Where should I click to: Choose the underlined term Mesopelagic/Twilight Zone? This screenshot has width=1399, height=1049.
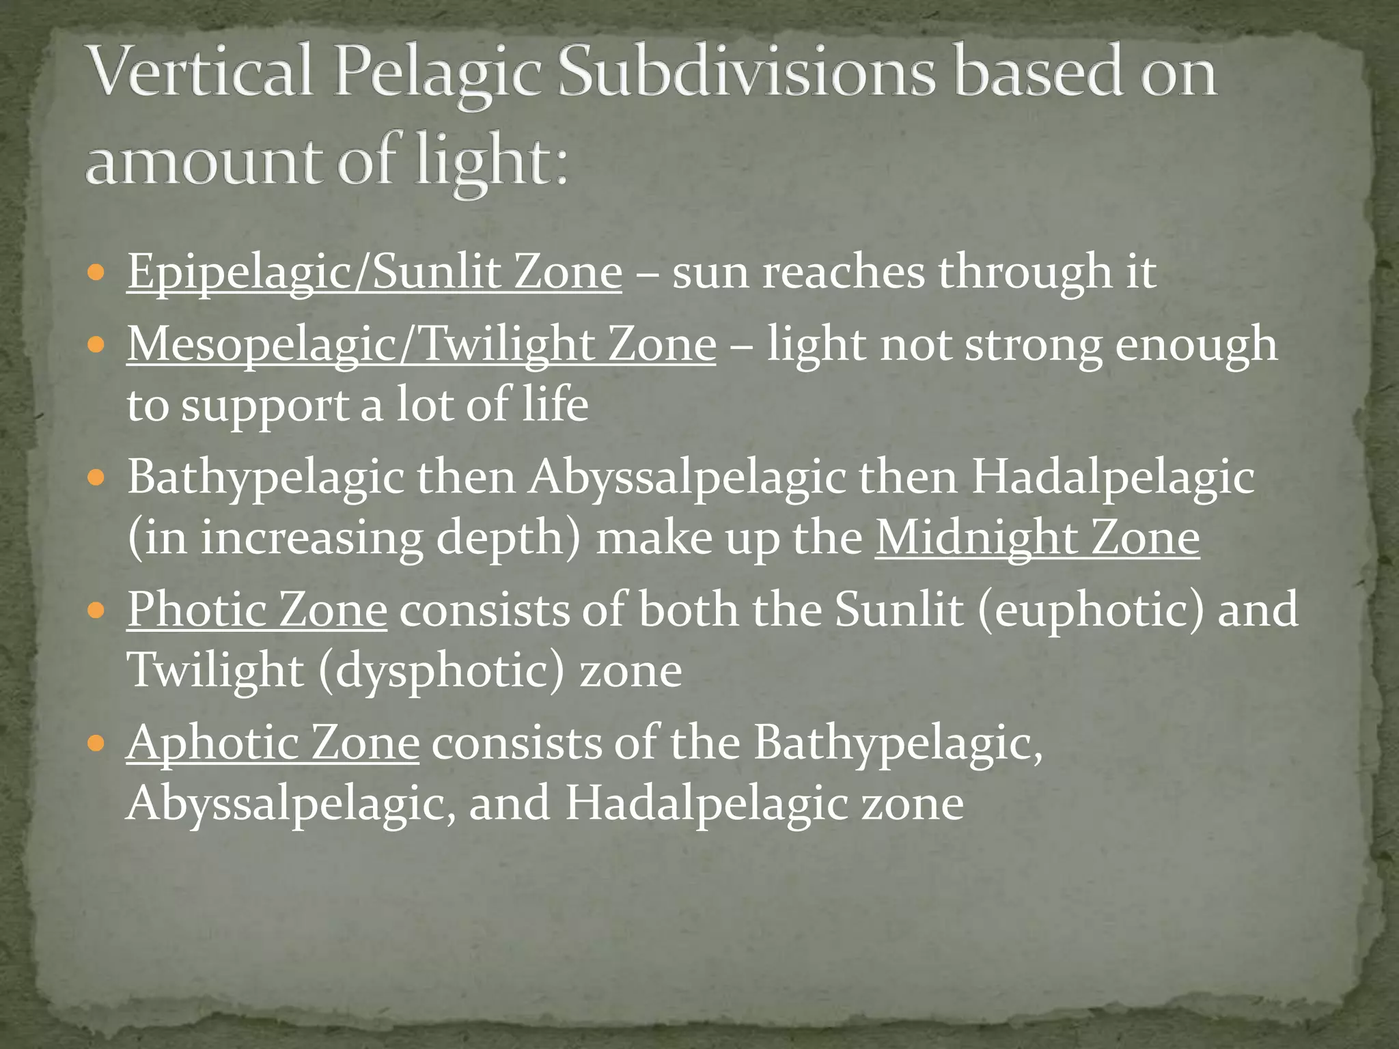421,344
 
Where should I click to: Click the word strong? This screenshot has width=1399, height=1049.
1033,344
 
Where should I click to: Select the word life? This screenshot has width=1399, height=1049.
555,404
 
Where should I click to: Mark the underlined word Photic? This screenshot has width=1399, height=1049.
195,610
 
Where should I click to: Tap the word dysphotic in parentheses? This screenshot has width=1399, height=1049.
441,671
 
